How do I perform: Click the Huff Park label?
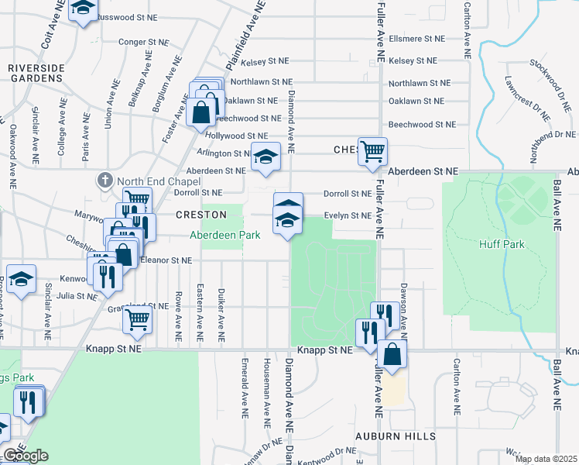pos(502,245)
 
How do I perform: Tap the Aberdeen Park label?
pos(225,235)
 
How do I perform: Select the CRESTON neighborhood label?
pos(200,215)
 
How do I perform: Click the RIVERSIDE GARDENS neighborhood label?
pos(36,74)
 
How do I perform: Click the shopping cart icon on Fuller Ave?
pos(373,152)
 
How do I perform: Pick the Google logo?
pos(26,456)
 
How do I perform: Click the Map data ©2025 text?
pos(546,459)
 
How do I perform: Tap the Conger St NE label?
pos(144,43)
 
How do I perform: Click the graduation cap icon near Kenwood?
pos(21,279)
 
